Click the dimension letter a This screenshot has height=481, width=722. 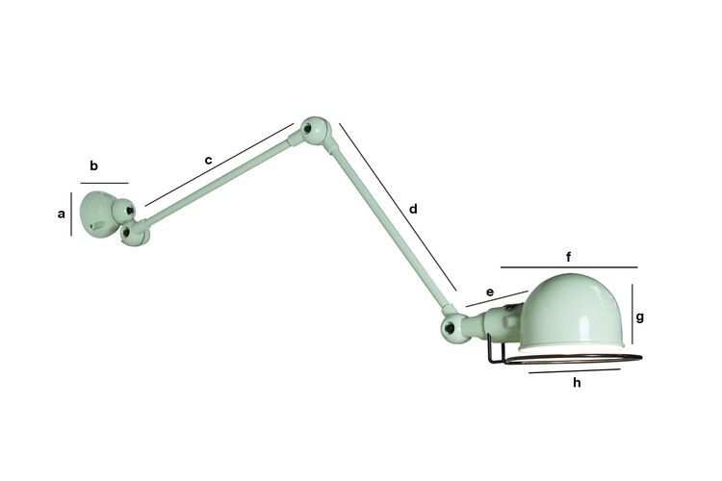tap(62, 215)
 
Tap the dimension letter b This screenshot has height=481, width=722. tap(93, 165)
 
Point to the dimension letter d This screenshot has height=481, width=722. tap(413, 209)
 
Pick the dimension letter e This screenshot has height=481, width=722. tap(489, 291)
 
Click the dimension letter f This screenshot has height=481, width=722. tap(569, 257)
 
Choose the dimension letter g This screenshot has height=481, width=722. tap(639, 316)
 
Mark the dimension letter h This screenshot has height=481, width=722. tap(577, 382)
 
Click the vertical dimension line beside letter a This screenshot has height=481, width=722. tap(71, 214)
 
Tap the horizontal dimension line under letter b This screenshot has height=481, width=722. tap(104, 183)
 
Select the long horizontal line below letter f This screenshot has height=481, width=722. tap(568, 267)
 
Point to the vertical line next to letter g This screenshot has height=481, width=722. tap(632, 315)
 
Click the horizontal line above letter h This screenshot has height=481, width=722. tap(575, 370)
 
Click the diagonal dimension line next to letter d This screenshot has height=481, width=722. tap(398, 206)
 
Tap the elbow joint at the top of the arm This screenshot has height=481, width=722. tap(313, 130)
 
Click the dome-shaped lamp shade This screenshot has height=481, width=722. tap(573, 310)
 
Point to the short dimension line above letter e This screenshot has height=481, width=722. tap(497, 299)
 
